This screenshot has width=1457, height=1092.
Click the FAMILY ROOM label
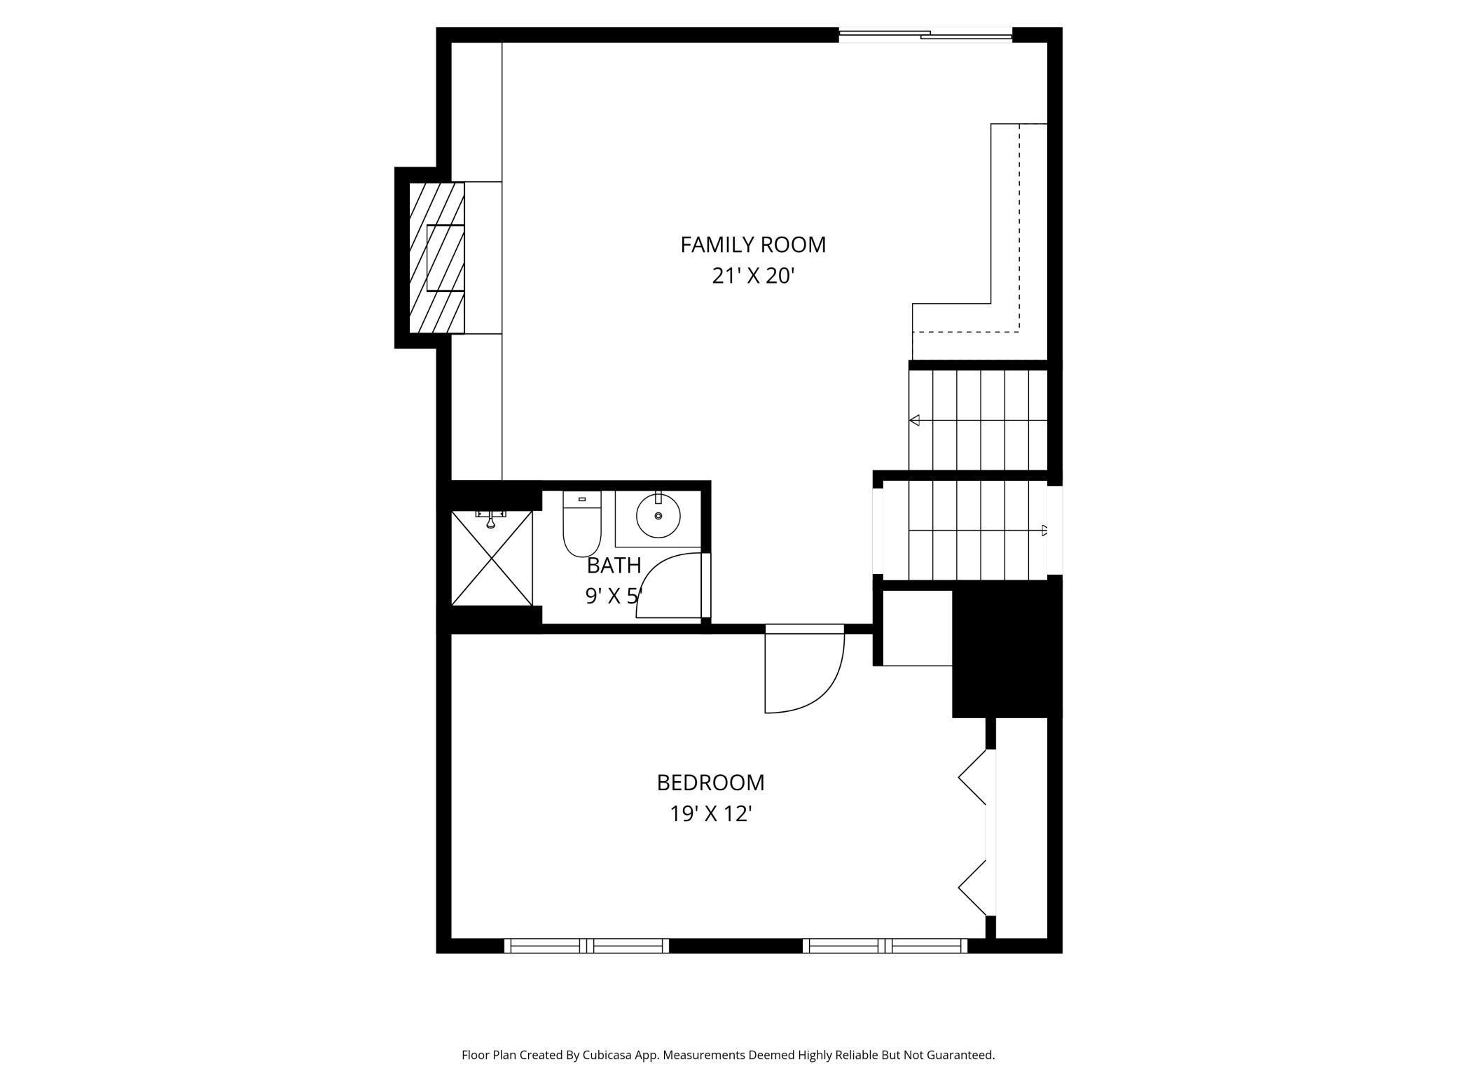coord(753,244)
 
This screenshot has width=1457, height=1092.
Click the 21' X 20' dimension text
coord(753,276)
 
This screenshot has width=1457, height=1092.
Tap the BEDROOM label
coord(710,782)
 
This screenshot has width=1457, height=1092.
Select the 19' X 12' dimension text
coord(710,814)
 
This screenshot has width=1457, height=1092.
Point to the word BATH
coord(614,565)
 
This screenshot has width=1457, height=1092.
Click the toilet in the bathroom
coord(581,525)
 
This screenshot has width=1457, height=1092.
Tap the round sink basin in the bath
coord(658,516)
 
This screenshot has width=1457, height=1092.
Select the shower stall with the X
coord(492,559)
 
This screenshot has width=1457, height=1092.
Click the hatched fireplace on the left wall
coord(436,258)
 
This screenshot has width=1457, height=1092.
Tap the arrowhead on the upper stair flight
coord(914,420)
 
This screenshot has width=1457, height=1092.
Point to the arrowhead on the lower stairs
coord(1044,530)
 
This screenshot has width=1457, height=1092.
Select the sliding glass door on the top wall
coord(925,34)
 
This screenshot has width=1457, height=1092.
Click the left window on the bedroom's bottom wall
coord(586,946)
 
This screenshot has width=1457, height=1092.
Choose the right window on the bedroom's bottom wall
coord(885,946)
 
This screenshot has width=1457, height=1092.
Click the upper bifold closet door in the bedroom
coord(973,777)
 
